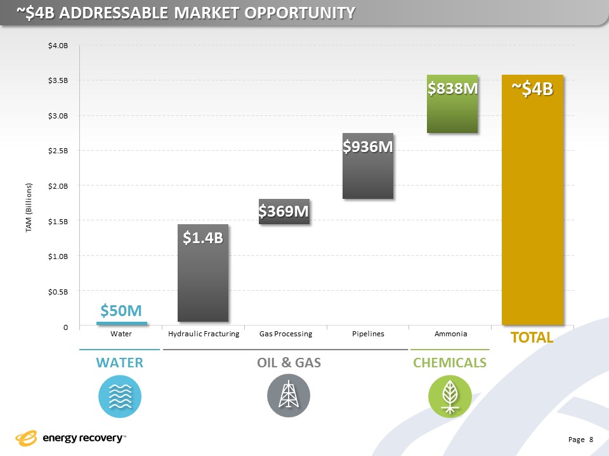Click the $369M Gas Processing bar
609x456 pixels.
coord(284,212)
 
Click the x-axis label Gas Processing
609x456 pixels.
coord(285,334)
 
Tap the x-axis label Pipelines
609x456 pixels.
coord(368,334)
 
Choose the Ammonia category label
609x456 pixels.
coord(450,334)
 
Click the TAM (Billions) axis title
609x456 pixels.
coord(29,208)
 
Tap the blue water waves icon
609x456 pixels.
coord(120,396)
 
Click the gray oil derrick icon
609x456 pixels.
coord(288,396)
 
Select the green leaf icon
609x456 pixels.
coord(450,396)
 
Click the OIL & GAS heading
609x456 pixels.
coord(289,363)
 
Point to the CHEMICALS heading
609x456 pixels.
coord(450,363)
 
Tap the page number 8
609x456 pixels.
coord(591,439)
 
